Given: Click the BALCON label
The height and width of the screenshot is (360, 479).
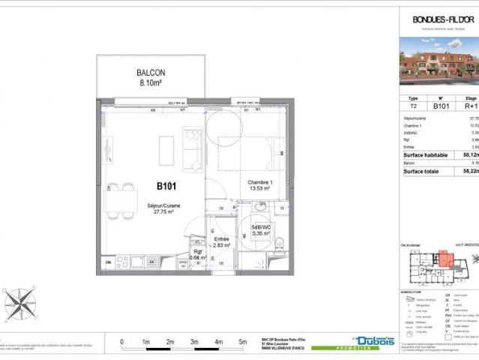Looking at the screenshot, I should (x=151, y=73).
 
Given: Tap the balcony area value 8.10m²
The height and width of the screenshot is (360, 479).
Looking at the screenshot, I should (x=151, y=84).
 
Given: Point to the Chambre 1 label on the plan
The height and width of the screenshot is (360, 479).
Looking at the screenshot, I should (x=262, y=183).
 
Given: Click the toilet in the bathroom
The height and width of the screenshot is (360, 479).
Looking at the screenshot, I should (x=277, y=241).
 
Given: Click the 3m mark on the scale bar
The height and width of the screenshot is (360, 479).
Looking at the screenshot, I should (x=194, y=342).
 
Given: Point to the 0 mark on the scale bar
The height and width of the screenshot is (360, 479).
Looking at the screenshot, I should (x=122, y=342).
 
